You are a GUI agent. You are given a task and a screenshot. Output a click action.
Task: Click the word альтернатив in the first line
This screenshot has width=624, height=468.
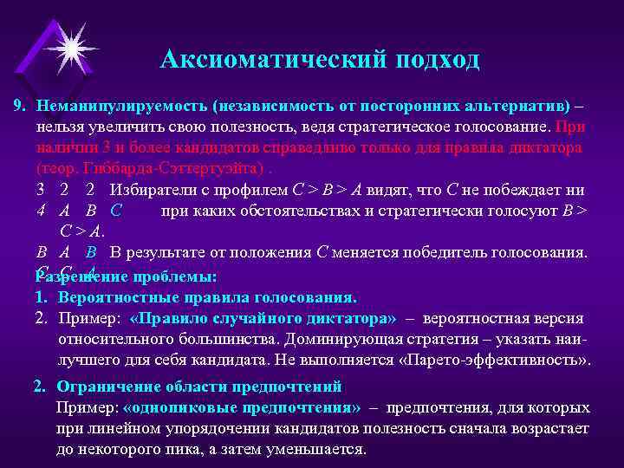coord(529,106)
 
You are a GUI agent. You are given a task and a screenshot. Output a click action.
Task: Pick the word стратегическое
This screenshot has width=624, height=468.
coord(406,127)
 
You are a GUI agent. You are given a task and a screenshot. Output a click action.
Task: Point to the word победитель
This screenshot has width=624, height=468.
coord(440,252)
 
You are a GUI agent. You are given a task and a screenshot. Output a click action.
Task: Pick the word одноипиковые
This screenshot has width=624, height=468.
coord(178,407)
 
